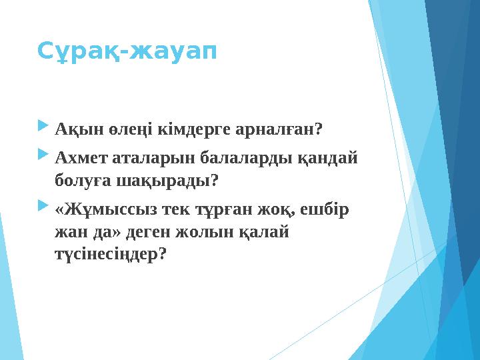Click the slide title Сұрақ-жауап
click(x=127, y=50)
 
